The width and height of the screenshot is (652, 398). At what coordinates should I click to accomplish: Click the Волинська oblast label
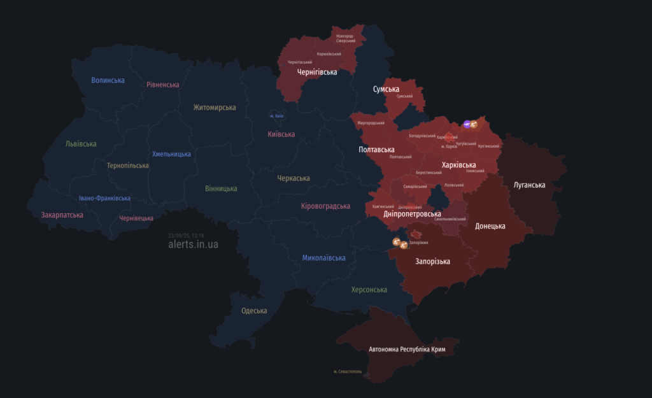[108, 80]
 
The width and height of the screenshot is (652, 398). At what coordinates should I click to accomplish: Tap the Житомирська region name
[215, 108]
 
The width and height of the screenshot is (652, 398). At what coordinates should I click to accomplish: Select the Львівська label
[81, 144]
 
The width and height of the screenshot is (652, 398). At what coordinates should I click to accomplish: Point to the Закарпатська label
[62, 215]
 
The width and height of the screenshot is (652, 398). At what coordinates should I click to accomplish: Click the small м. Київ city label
[276, 116]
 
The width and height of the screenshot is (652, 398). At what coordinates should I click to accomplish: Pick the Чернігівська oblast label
[317, 72]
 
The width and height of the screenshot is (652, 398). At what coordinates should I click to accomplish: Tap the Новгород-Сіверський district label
[350, 38]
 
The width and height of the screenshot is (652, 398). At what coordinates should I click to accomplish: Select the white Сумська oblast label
[386, 89]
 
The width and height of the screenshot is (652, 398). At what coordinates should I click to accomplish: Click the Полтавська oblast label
[377, 150]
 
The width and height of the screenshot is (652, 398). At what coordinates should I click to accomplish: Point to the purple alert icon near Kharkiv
[467, 124]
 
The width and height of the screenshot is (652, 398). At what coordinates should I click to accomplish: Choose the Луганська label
[530, 185]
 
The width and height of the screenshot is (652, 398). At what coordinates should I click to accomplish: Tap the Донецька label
[490, 226]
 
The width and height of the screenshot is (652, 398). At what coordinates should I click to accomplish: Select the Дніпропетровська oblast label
[412, 214]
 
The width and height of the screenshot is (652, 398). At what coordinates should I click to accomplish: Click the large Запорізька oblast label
[432, 262]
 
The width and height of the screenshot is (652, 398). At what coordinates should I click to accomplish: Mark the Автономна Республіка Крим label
[407, 350]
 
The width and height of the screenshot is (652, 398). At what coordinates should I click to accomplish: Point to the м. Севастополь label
[348, 371]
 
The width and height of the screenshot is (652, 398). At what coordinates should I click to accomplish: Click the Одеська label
[254, 311]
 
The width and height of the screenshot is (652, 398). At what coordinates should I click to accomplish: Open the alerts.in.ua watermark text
[193, 245]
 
